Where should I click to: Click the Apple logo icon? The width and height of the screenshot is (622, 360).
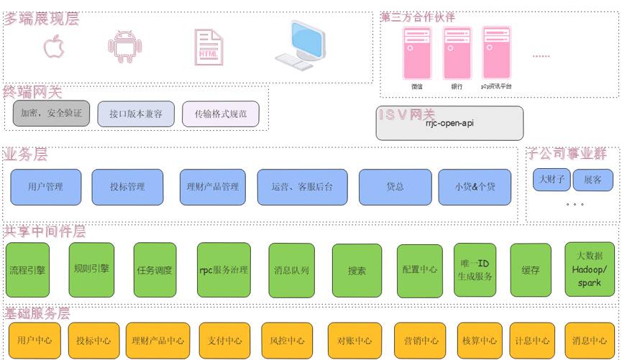(x=54, y=47)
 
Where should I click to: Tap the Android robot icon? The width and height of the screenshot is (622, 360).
(x=124, y=47)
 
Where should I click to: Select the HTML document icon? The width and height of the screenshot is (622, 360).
(x=208, y=47)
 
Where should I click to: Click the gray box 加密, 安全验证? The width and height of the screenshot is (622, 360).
(x=51, y=114)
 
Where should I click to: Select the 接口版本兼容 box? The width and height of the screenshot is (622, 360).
(x=136, y=114)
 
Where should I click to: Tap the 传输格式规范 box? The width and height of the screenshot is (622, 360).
(x=220, y=114)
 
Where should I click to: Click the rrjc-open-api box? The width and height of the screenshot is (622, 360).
(x=449, y=124)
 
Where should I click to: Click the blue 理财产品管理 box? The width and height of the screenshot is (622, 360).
(x=209, y=187)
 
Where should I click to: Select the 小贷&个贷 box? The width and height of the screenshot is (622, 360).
(x=475, y=187)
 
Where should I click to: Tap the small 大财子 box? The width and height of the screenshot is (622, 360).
(x=552, y=180)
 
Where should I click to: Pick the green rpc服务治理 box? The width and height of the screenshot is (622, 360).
(x=224, y=270)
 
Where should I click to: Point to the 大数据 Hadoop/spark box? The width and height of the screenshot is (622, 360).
(x=590, y=269)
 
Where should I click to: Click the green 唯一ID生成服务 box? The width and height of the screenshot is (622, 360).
(x=475, y=269)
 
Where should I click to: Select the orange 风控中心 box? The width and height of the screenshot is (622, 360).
(x=287, y=341)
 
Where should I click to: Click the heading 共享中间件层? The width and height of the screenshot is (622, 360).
(x=45, y=231)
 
